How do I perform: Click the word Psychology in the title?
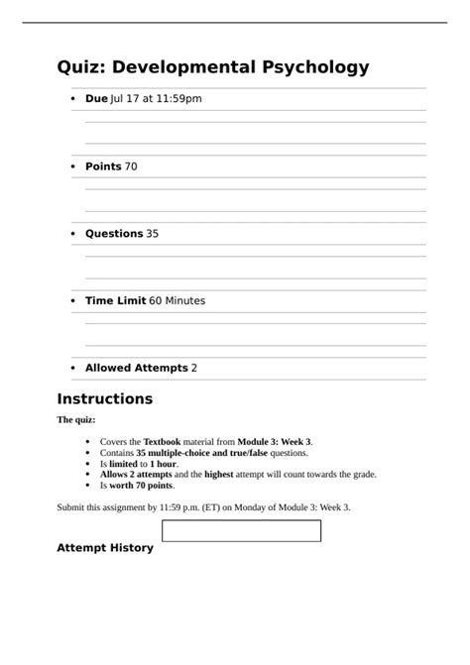pyautogui.click(x=315, y=67)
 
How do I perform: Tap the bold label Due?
pyautogui.click(x=96, y=99)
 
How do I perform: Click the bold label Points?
pyautogui.click(x=103, y=166)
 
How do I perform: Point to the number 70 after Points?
pyautogui.click(x=131, y=166)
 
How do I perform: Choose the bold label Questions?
pyautogui.click(x=114, y=234)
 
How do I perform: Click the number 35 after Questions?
pyautogui.click(x=152, y=234)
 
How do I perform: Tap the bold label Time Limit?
pyautogui.click(x=115, y=300)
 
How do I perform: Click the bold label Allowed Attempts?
pyautogui.click(x=136, y=368)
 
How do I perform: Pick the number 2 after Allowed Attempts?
pyautogui.click(x=194, y=368)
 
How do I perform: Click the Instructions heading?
pyautogui.click(x=104, y=399)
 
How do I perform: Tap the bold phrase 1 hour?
pyautogui.click(x=163, y=463)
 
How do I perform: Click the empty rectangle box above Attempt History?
pyautogui.click(x=241, y=530)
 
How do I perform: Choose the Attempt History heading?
pyautogui.click(x=104, y=547)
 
